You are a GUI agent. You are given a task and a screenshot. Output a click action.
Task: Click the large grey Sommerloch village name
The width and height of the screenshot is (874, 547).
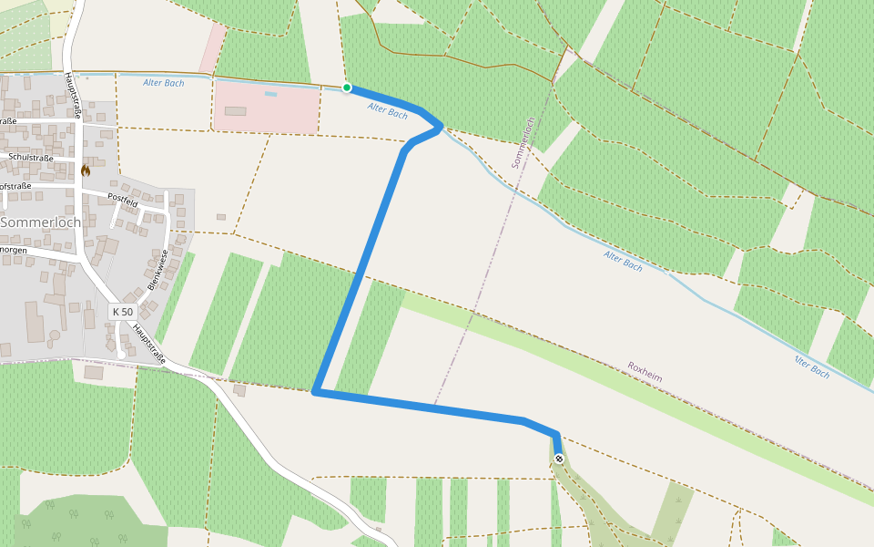click(41, 222)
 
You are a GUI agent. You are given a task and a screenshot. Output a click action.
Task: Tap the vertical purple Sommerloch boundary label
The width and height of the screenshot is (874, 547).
click(522, 142)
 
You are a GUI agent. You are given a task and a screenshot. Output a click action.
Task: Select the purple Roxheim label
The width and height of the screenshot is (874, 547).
click(645, 371)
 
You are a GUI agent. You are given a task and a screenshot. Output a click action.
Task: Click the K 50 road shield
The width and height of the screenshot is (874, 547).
click(122, 312)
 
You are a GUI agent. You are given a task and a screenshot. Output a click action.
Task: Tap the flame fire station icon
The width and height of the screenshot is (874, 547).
click(86, 170)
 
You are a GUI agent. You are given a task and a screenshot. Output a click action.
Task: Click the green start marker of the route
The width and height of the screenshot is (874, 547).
click(347, 88)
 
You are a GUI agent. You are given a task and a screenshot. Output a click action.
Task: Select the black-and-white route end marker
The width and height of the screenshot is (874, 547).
click(559, 459)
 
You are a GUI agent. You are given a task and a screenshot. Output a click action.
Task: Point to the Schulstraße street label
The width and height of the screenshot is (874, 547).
click(30, 157)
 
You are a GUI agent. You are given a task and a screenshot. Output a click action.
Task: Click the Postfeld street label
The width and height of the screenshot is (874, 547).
click(122, 198)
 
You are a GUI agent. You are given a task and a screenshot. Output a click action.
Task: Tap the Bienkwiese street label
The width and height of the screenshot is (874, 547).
click(158, 270)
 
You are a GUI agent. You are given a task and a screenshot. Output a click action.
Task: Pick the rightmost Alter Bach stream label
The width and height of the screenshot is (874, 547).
click(811, 366)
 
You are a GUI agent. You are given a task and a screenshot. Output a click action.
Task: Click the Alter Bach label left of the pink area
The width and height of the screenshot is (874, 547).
click(164, 83)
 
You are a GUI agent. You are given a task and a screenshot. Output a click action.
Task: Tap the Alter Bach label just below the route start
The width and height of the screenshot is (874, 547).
click(388, 111)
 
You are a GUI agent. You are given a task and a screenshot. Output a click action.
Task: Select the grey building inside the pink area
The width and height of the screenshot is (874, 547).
click(235, 111)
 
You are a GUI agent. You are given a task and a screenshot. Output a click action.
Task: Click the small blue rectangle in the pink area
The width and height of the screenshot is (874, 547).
click(270, 94)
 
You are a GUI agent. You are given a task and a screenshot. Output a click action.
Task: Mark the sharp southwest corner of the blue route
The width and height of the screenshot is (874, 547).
click(315, 392)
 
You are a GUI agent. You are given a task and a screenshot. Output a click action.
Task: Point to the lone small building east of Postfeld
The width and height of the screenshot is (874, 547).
click(221, 217)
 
